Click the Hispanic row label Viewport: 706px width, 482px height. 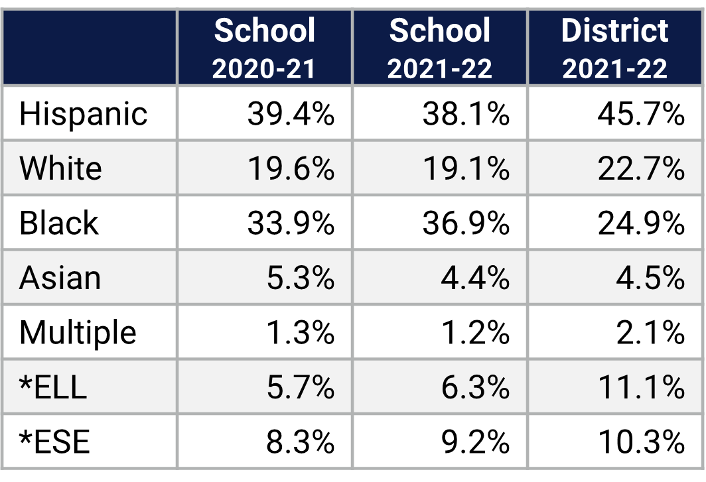click(83, 114)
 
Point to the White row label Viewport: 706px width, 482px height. click(60, 168)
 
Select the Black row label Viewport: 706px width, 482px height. click(59, 223)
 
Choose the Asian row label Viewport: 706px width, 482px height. click(60, 278)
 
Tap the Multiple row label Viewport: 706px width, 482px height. click(78, 332)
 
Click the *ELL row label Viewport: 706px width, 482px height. click(53, 387)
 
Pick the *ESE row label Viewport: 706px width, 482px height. click(54, 442)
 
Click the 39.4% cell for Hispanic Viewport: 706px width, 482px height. click(291, 114)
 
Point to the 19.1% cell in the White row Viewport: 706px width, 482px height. click(466, 168)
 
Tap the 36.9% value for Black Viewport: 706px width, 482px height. click(466, 223)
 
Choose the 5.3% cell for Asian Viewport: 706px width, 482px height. click(300, 278)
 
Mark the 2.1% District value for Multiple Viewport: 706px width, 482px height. click(650, 332)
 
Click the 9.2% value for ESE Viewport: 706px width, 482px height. click(475, 442)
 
